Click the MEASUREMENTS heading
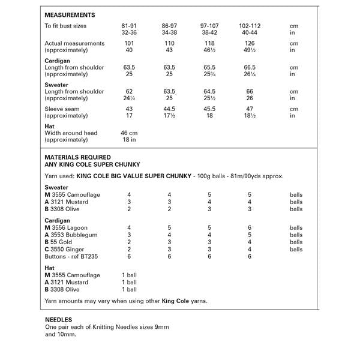pos(71,14)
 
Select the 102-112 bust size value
pos(248,26)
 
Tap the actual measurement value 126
pos(248,43)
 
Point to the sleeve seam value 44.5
pos(169,108)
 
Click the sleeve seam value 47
pos(248,108)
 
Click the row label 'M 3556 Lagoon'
pos(66,229)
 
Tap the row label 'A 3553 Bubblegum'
pos(71,235)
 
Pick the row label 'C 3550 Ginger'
pos(66,249)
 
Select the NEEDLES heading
pos(59,320)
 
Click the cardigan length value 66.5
pos(248,67)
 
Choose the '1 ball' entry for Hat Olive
pos(129,289)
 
